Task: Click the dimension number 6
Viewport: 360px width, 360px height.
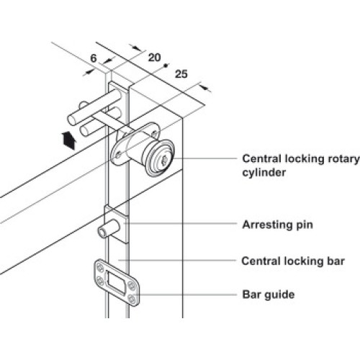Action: (94, 58)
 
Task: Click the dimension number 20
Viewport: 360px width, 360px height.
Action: (154, 58)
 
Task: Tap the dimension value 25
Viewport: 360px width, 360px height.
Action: (181, 74)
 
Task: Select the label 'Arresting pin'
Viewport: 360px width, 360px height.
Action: (277, 225)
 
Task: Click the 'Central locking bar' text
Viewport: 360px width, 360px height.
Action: (293, 261)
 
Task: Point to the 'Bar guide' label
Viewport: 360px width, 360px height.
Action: (269, 294)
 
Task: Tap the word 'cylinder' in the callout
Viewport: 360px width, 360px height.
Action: (264, 173)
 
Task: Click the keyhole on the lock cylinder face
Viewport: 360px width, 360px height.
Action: (165, 158)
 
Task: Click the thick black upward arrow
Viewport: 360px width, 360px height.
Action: (69, 140)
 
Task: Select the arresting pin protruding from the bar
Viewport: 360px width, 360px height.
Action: (109, 229)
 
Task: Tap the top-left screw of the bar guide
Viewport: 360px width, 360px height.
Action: (99, 267)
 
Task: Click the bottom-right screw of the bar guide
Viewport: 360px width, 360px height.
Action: (132, 299)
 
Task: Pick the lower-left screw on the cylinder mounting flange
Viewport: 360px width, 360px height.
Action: (118, 156)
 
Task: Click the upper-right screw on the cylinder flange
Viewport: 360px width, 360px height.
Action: (154, 133)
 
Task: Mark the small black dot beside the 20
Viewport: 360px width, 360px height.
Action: (165, 66)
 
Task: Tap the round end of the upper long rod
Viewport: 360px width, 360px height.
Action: (73, 120)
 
